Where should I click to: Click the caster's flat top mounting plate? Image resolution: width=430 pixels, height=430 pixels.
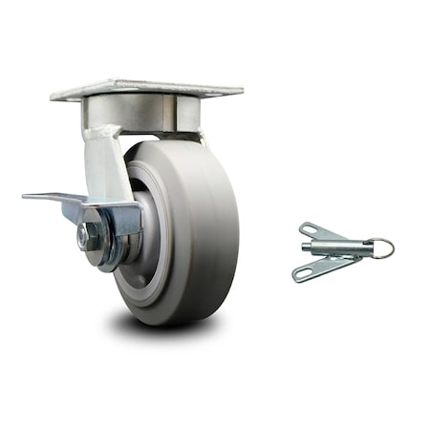143,89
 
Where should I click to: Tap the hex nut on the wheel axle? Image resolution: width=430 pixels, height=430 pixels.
91,236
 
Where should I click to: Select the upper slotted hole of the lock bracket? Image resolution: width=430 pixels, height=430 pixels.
310,229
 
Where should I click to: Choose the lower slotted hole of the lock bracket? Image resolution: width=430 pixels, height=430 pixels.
304,275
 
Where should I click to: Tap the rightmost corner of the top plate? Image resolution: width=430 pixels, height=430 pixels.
242,93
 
